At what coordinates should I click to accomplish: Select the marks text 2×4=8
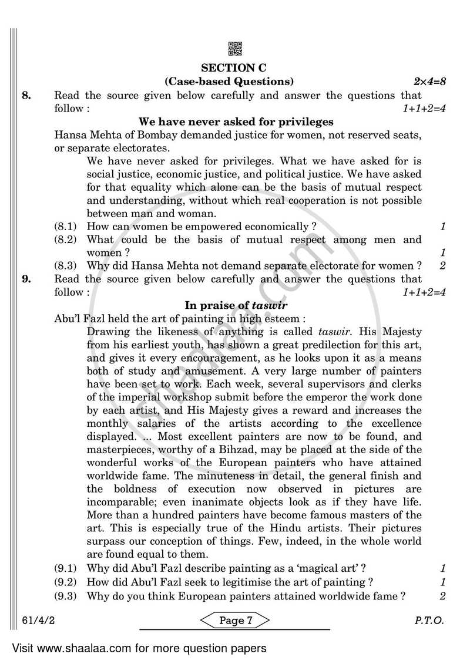(x=427, y=81)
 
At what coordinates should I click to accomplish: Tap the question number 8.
(x=26, y=95)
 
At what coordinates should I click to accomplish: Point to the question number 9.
(x=26, y=279)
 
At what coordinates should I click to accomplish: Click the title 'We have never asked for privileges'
(x=236, y=122)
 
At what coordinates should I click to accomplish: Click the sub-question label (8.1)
(x=66, y=227)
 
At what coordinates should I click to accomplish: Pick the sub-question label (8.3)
(x=66, y=265)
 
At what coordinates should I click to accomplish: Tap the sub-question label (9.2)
(x=66, y=582)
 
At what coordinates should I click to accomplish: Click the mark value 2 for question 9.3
(x=442, y=596)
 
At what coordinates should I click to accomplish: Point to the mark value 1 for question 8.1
(x=442, y=227)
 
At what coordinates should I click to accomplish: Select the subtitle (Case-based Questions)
(x=229, y=81)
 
